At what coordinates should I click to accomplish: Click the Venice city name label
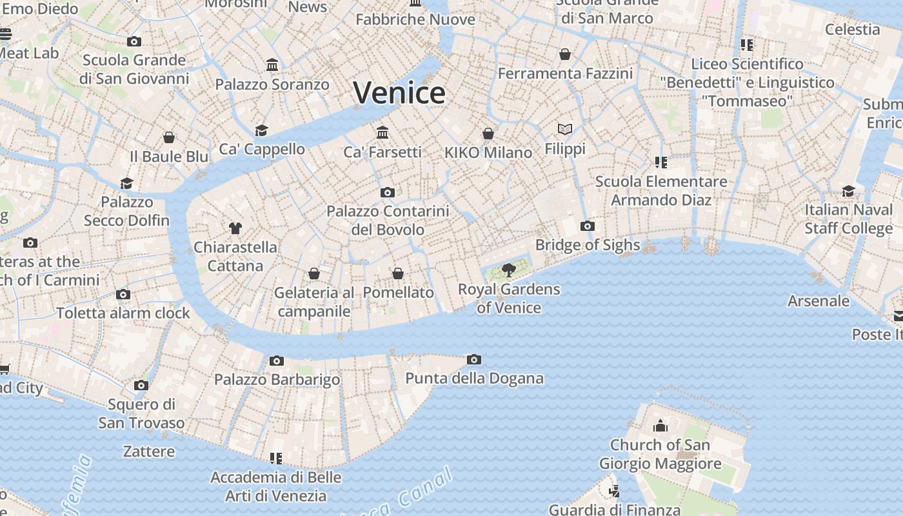point(399,93)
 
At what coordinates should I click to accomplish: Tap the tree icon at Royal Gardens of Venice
point(509,270)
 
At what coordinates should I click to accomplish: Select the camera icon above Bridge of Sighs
point(587,226)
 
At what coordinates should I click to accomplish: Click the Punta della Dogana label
point(474,379)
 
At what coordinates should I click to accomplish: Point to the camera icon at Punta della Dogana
point(474,359)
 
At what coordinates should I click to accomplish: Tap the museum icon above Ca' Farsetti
point(382,132)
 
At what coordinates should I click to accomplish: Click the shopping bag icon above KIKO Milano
point(488,134)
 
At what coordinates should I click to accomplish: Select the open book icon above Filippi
point(565,130)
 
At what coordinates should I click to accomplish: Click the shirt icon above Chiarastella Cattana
point(235,228)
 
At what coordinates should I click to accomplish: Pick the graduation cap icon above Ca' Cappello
point(261,130)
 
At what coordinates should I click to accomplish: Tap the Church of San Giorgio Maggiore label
point(660,454)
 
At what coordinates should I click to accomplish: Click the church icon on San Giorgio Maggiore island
point(660,426)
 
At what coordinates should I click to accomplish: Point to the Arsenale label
point(819,301)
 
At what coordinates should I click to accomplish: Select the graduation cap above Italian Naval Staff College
point(848,191)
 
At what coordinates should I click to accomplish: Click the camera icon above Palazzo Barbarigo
point(277,361)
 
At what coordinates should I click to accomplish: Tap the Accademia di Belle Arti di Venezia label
point(276,486)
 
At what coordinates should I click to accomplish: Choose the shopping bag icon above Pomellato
point(398,273)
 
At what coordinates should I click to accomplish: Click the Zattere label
point(149,451)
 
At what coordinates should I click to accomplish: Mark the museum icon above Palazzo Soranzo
point(272,65)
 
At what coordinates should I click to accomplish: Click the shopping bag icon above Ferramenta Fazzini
point(565,54)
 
